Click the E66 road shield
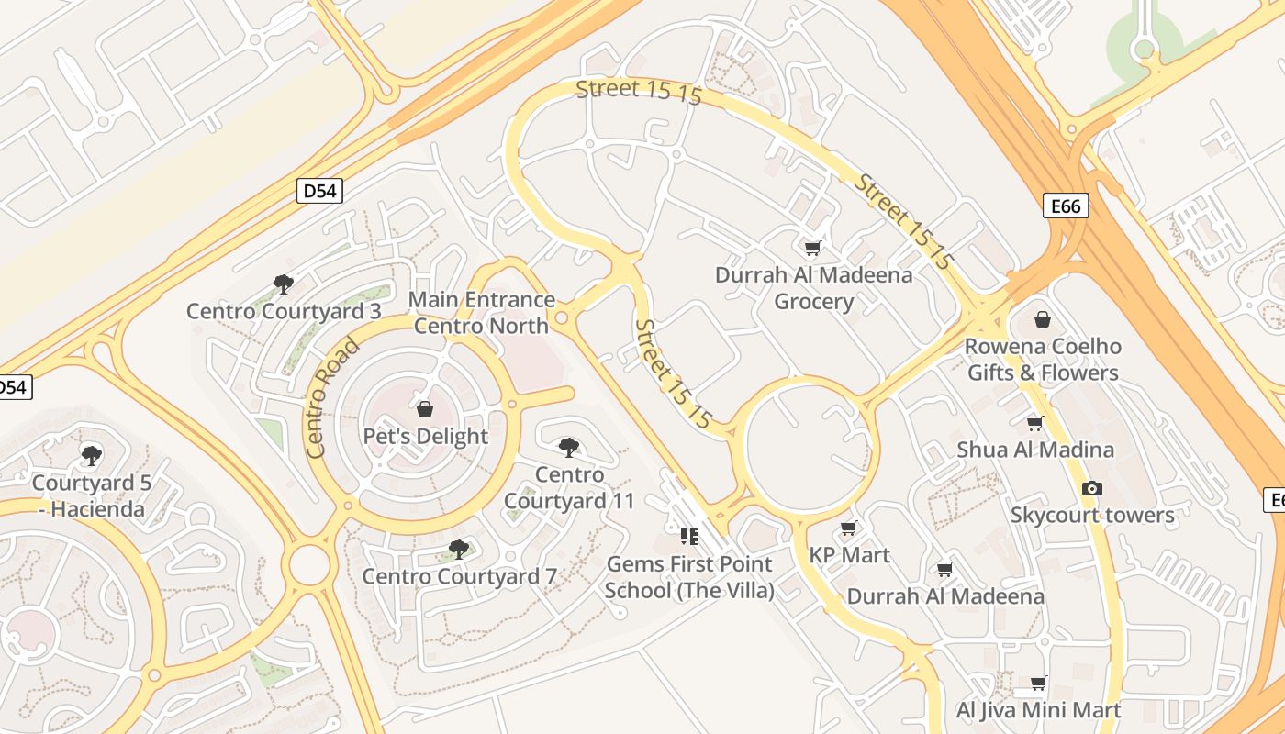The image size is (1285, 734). click(x=1066, y=206)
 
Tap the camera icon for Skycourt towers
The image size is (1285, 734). click(x=1091, y=488)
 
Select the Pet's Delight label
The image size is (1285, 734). click(x=425, y=436)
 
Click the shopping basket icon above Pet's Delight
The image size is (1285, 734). click(x=425, y=409)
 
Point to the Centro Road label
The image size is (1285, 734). click(x=331, y=398)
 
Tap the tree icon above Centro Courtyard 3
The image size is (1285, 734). click(x=284, y=284)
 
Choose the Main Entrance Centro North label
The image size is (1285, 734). click(x=481, y=313)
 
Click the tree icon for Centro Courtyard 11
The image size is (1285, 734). click(x=569, y=448)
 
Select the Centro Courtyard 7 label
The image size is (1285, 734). click(x=459, y=576)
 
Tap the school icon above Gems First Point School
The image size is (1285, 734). click(x=689, y=536)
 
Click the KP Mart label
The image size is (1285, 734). click(x=849, y=555)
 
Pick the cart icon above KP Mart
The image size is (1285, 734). click(x=849, y=528)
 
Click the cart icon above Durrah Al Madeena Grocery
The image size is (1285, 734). click(x=812, y=248)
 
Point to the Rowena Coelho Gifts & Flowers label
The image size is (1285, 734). click(x=1043, y=360)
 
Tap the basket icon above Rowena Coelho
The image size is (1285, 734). click(x=1043, y=319)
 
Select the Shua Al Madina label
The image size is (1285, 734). click(x=1035, y=450)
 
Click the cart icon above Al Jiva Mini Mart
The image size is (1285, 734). click(x=1038, y=683)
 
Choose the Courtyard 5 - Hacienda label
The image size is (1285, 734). click(x=91, y=495)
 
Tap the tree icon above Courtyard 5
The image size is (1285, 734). click(x=91, y=455)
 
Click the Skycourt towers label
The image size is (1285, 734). click(x=1092, y=515)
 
